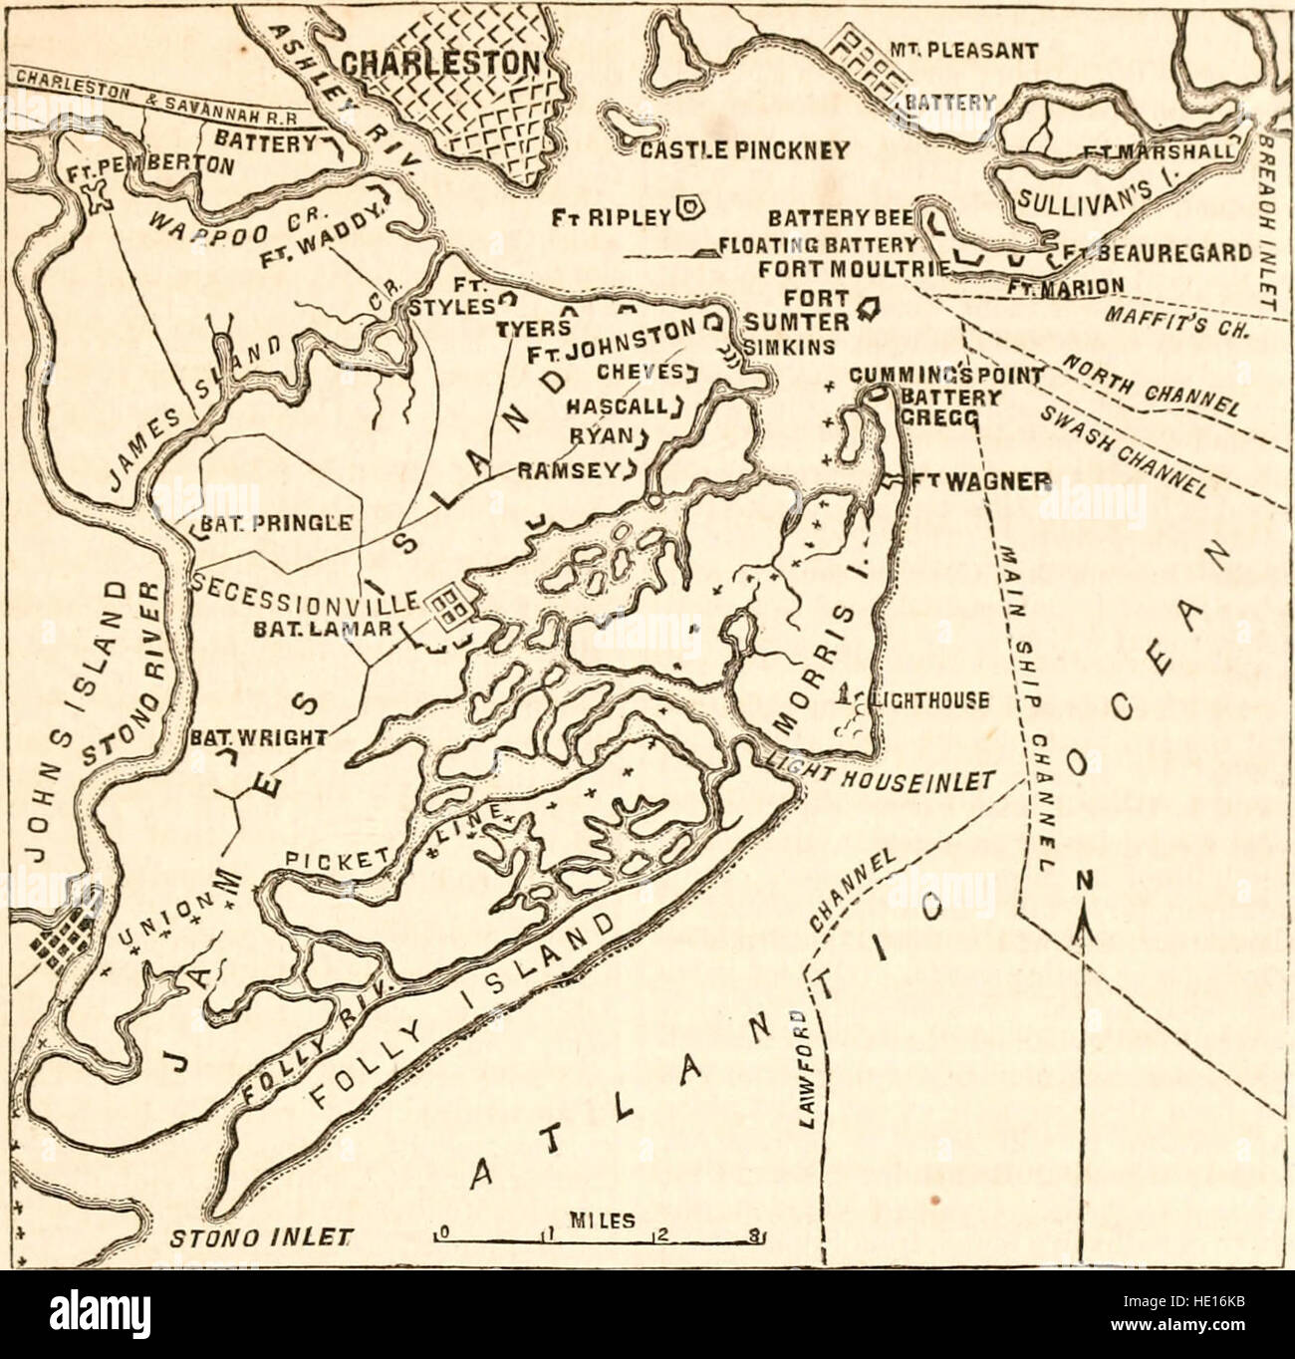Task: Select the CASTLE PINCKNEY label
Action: point(743,150)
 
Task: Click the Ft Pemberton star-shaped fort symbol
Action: point(97,193)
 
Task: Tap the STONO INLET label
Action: point(264,1240)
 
